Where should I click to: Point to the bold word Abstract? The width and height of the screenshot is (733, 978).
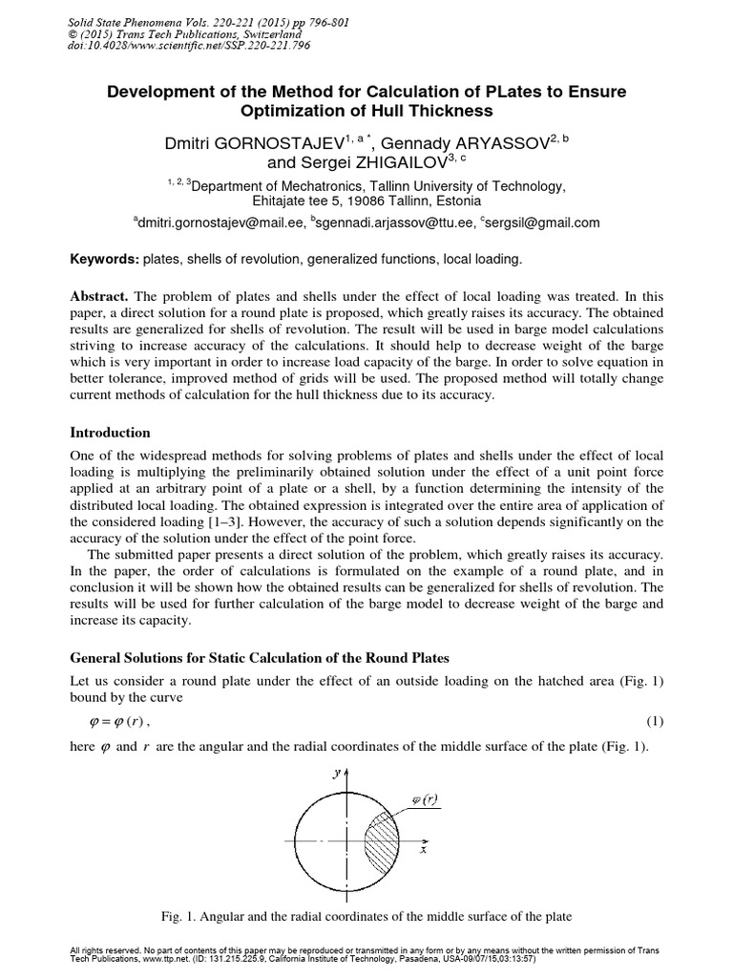(x=105, y=295)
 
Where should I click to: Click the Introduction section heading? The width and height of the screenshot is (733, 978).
(x=111, y=433)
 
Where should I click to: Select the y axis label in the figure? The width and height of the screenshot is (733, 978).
(x=335, y=774)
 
